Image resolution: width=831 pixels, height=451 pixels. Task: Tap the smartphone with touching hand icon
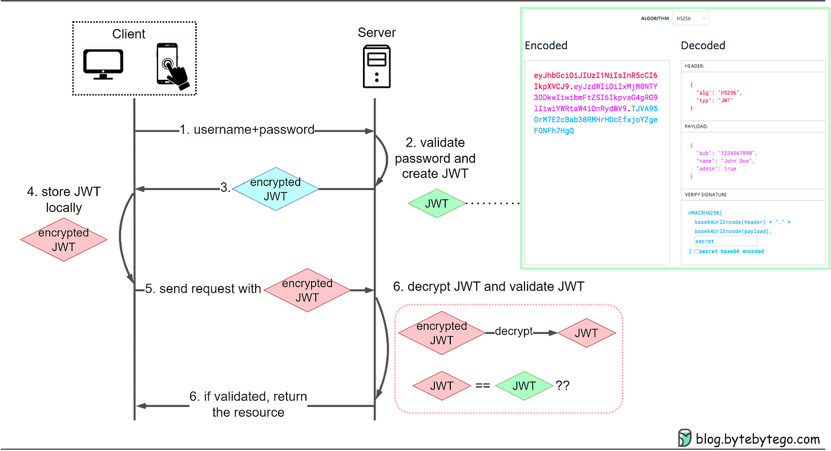[x=172, y=65]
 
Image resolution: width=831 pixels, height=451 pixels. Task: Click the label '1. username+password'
[x=247, y=130]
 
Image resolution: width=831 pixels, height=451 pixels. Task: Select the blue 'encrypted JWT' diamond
[x=275, y=189]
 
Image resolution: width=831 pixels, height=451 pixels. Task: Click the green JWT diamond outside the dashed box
[x=435, y=203]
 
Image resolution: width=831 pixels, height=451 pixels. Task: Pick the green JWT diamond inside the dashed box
[x=523, y=386]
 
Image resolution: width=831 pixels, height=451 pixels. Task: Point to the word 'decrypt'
[x=514, y=332]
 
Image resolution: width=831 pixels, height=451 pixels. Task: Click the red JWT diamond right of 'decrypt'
[x=586, y=333]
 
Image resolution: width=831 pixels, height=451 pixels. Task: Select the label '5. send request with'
[x=203, y=289]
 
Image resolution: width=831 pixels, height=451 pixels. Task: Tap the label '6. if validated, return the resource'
[x=248, y=404]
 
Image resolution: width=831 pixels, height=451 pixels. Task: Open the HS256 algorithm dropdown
[x=691, y=18]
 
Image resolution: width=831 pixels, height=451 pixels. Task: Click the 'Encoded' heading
[x=546, y=46]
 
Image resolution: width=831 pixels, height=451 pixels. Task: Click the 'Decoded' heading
[x=703, y=46]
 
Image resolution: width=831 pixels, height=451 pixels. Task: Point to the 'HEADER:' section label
[x=695, y=66]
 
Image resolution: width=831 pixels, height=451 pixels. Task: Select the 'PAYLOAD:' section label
[x=696, y=126]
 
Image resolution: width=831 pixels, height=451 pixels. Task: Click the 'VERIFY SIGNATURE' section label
[x=705, y=195]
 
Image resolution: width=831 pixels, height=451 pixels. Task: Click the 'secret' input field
[x=725, y=241]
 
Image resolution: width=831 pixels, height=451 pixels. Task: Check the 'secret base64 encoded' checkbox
[x=697, y=252]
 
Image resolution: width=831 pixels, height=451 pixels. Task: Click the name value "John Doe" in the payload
[x=739, y=161]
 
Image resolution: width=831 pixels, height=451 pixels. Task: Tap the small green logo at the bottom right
[x=684, y=437]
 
